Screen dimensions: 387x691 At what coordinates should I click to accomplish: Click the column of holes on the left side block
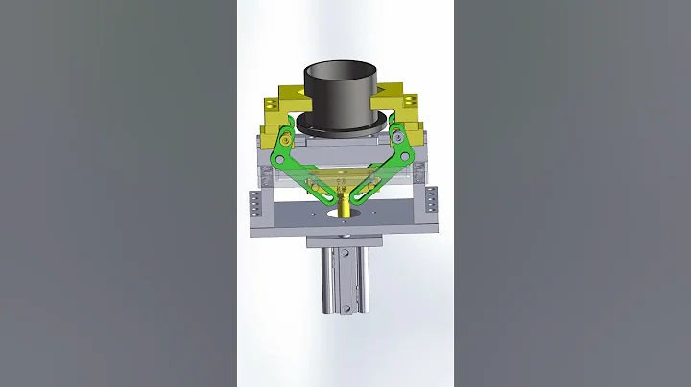pyautogui.click(x=255, y=203)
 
